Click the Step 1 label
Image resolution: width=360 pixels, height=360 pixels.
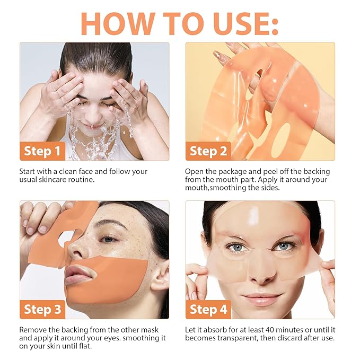pyautogui.click(x=42, y=152)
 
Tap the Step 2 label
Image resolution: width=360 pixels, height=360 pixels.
pyautogui.click(x=208, y=152)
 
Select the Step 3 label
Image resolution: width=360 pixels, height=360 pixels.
pyautogui.click(x=42, y=309)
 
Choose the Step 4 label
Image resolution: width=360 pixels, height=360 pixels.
pyautogui.click(x=208, y=309)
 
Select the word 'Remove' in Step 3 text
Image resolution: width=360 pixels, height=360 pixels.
pyautogui.click(x=33, y=330)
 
